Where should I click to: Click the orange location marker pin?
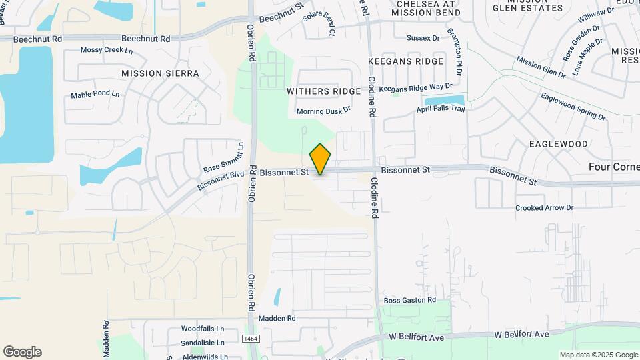(x=321, y=159)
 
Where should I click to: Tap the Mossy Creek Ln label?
(x=107, y=50)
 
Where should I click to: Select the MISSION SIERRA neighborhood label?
(x=160, y=73)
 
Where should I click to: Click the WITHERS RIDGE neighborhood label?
(x=319, y=90)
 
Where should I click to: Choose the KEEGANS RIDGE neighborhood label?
(x=405, y=61)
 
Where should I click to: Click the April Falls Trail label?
(x=440, y=109)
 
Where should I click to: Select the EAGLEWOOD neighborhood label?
(x=559, y=144)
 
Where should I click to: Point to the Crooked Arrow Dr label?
(x=544, y=208)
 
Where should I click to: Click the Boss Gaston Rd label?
(x=409, y=301)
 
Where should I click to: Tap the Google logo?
(x=22, y=352)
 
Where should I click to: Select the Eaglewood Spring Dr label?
(x=573, y=107)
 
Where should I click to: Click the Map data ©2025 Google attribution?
(x=598, y=355)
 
